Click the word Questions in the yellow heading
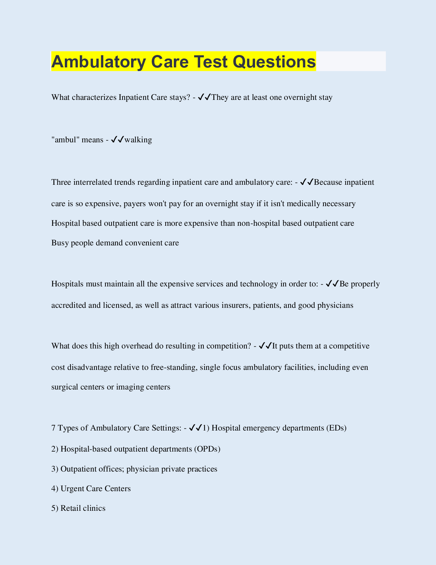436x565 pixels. click(274, 62)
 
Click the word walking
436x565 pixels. click(138, 139)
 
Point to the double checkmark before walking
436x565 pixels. click(117, 139)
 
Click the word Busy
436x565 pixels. click(60, 243)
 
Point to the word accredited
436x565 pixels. click(69, 305)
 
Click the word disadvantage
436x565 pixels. click(89, 367)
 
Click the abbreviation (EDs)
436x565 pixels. click(336, 428)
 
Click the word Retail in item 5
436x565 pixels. click(71, 508)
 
